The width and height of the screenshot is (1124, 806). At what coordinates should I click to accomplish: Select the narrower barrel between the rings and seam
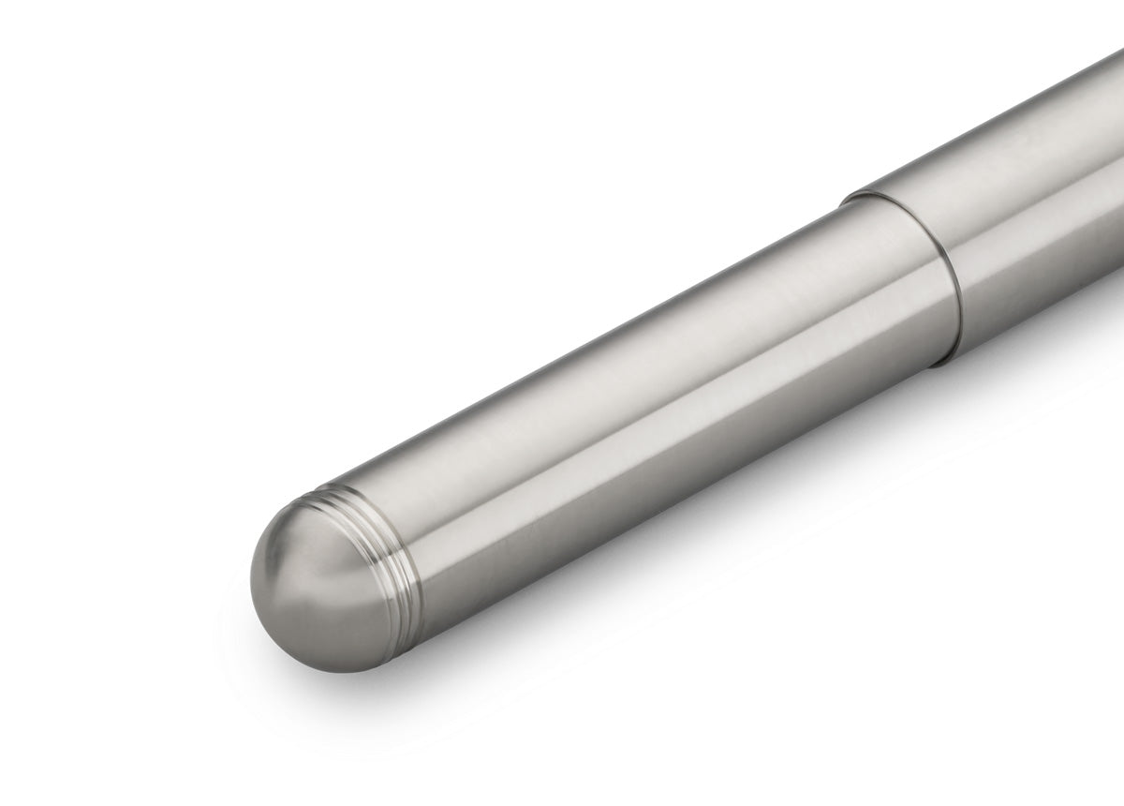[656, 394]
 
